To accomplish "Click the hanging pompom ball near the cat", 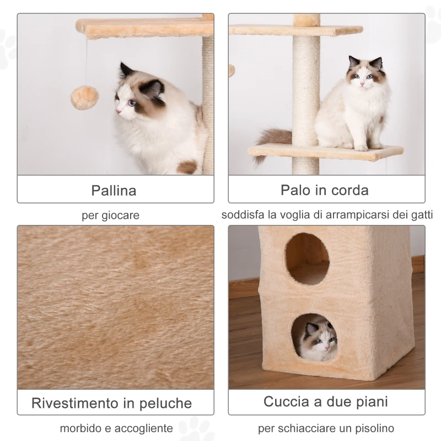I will [84, 97].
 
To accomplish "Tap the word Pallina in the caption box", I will [114, 191].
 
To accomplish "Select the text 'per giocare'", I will [110, 216].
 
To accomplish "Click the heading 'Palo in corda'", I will [325, 190].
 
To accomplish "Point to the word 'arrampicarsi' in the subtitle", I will [351, 215].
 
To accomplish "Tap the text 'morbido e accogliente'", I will [116, 428].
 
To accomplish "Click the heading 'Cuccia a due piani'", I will [325, 401].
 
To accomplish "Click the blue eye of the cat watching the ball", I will [131, 103].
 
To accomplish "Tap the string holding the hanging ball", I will [85, 61].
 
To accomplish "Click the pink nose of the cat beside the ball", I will [118, 112].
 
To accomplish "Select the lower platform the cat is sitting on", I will [325, 152].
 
